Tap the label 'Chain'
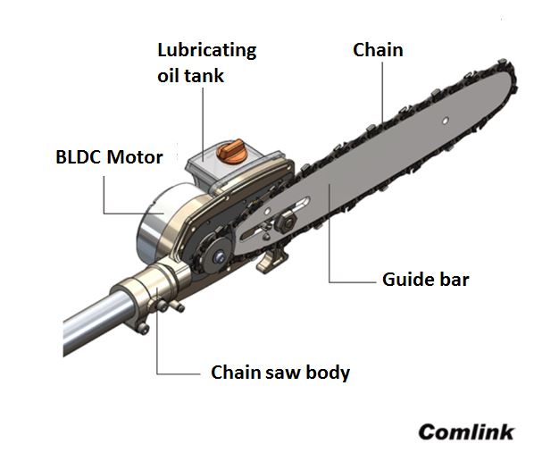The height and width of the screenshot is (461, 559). point(378,50)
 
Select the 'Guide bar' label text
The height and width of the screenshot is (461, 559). point(425,280)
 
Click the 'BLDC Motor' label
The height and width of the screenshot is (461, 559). point(109,158)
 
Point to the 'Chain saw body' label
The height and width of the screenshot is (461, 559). point(279,372)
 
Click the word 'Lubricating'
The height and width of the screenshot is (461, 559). point(206,50)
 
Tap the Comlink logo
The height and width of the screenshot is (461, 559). point(466,432)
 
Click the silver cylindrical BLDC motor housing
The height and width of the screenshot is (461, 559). point(154,223)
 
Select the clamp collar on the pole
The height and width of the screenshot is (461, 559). point(143,301)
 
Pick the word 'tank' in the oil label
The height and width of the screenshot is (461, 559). point(204,75)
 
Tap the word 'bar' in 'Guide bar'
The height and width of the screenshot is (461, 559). point(453,280)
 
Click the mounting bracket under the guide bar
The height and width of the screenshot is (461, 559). point(271,262)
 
